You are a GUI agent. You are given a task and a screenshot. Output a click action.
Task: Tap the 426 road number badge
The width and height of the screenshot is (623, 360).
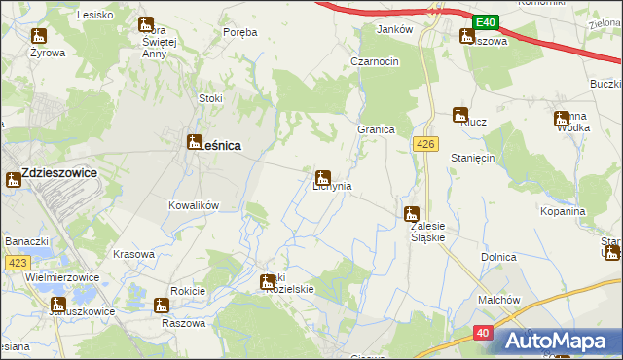click(x=422, y=144)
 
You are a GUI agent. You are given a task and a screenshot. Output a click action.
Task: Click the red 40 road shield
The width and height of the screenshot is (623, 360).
click(x=484, y=334)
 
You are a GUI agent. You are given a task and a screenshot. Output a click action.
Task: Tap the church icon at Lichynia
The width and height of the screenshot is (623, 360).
click(x=322, y=177)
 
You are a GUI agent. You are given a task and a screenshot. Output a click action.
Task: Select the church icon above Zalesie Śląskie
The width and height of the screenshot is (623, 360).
click(x=413, y=214)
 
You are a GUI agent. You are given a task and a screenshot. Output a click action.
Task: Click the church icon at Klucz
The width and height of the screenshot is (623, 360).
click(x=460, y=114)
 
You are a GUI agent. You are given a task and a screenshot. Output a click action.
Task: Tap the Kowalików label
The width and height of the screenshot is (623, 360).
click(x=192, y=205)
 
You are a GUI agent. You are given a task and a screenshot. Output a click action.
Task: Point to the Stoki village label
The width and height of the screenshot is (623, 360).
click(x=211, y=97)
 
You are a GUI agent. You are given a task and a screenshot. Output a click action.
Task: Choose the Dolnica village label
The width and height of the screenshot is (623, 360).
click(x=498, y=257)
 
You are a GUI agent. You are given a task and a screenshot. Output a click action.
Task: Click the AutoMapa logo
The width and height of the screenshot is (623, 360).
click(x=559, y=341)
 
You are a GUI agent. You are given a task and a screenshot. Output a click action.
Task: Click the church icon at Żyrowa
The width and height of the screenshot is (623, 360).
click(x=38, y=36)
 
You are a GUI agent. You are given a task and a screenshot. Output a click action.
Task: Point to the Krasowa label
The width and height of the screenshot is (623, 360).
click(x=134, y=254)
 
